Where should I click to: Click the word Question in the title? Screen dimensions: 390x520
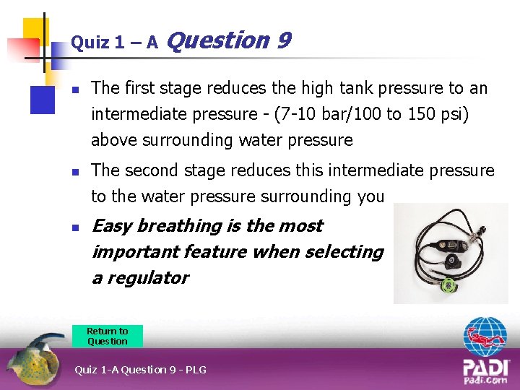point(217,41)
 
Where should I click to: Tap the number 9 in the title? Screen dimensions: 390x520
point(284,40)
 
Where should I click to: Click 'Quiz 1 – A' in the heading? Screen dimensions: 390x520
point(114,43)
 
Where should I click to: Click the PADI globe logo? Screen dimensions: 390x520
point(485,339)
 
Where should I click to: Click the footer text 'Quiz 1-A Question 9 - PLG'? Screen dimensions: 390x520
point(140,370)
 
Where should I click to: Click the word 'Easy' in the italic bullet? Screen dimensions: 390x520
point(111,226)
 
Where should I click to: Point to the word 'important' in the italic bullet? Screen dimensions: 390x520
point(135,252)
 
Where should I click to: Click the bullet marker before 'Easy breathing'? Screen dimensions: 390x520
point(74,227)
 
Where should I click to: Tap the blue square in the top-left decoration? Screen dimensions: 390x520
point(41,99)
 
